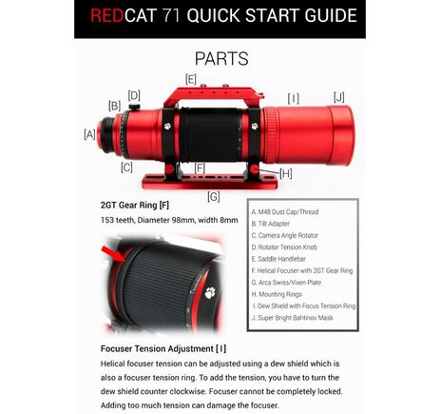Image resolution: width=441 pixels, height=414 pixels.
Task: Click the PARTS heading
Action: [x=220, y=58]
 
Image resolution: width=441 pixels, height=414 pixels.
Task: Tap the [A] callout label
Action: [x=90, y=135]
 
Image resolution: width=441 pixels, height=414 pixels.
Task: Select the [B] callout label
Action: [x=114, y=106]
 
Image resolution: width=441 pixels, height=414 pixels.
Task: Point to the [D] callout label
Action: [x=134, y=94]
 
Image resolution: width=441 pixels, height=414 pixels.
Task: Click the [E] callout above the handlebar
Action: [x=191, y=79]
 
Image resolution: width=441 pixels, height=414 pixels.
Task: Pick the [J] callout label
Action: [x=339, y=96]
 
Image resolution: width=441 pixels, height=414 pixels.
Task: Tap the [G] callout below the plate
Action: [x=213, y=196]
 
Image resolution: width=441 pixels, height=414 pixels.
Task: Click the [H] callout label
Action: [x=285, y=173]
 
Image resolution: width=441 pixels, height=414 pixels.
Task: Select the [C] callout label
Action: [x=126, y=168]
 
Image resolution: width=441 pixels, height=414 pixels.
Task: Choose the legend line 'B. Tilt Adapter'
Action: [x=276, y=223]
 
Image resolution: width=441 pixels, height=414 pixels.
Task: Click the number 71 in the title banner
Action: [x=182, y=16]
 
